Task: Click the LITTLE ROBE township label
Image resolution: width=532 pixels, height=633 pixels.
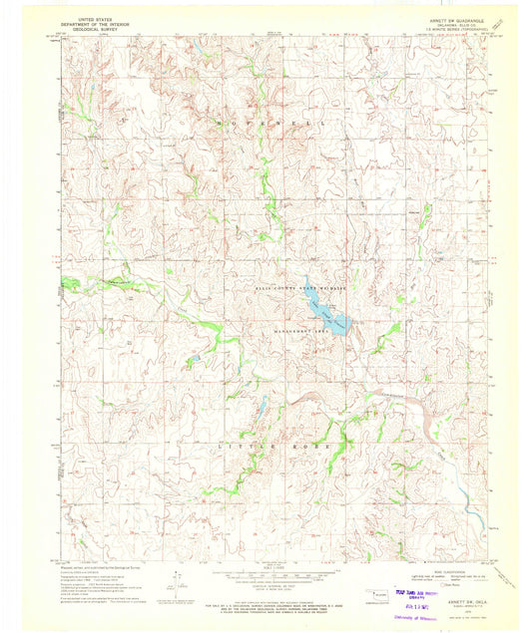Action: pos(260,452)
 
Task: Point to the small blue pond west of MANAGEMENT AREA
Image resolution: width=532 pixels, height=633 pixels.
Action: pos(196,357)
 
